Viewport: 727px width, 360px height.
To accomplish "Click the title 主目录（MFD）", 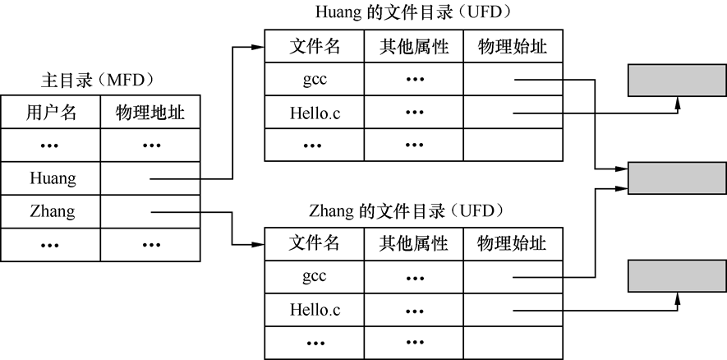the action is tap(98, 81).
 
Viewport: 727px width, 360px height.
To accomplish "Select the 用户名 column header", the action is tap(51, 113).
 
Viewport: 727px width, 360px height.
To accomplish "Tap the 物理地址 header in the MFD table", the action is tap(150, 113).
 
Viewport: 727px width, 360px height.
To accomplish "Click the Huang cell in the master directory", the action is tap(53, 178).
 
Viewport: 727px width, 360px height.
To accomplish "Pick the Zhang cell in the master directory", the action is tap(53, 211).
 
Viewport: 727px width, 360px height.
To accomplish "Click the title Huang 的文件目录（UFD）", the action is tap(413, 12).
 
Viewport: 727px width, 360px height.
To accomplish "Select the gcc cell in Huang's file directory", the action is tap(315, 80).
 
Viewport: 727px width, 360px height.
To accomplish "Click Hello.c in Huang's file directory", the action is tap(315, 113).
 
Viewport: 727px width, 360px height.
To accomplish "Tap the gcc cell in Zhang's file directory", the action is tap(315, 277).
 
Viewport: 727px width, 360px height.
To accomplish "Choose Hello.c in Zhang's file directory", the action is tap(315, 310).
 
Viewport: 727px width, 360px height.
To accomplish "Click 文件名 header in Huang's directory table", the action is tap(315, 46).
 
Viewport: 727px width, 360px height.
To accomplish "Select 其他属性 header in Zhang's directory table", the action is tap(413, 243).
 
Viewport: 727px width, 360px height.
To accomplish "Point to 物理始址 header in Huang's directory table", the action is tap(513, 46).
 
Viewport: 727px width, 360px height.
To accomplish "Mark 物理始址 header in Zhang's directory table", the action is tap(512, 243).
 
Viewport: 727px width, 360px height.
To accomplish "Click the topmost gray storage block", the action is tap(677, 81).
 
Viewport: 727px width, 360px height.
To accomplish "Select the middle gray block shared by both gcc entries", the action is tap(677, 178).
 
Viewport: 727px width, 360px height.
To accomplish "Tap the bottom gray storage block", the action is tap(677, 276).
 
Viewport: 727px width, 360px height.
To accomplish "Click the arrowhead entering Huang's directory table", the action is tap(258, 47).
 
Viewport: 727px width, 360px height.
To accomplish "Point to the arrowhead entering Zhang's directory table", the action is tap(258, 244).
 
